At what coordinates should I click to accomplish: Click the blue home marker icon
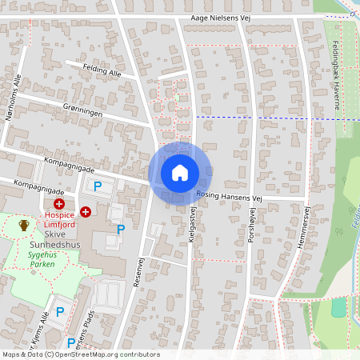pos(180,173)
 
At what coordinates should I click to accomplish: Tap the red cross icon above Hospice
pos(58,206)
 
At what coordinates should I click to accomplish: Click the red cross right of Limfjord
pos(85,211)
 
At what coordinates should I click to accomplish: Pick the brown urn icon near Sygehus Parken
pos(25,226)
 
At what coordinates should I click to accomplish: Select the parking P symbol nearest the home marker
pos(98,186)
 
